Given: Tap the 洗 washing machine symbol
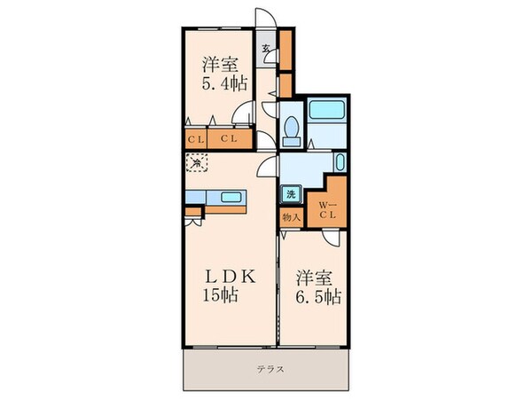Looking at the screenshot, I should (x=290, y=194).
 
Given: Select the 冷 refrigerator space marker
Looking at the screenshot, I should (x=197, y=163).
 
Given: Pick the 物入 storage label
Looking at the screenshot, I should (x=290, y=216).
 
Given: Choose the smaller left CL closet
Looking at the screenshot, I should (x=194, y=139).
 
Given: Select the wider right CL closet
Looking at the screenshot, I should (x=228, y=139).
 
